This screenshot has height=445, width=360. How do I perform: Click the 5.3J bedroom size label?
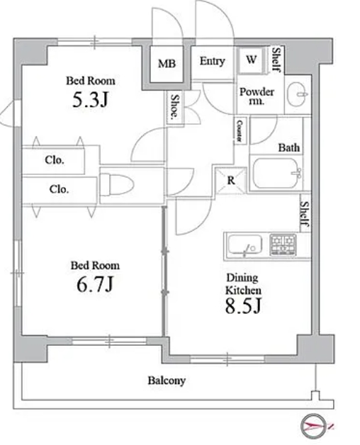[90, 100]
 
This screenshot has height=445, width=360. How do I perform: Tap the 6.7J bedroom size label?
[95, 284]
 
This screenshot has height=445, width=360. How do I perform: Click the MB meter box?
[167, 64]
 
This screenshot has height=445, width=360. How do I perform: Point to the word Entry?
[212, 62]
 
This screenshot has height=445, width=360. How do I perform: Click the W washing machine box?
[252, 60]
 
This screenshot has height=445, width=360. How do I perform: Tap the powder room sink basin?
[297, 94]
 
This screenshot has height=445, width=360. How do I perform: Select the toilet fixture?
[117, 184]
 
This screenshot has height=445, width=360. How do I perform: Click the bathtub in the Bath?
[276, 173]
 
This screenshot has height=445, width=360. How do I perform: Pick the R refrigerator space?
[231, 181]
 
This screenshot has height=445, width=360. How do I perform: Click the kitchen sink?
[245, 245]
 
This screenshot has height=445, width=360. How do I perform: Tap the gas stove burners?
[283, 244]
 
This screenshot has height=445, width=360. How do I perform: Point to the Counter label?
[240, 131]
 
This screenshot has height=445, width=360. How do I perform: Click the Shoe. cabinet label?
[175, 106]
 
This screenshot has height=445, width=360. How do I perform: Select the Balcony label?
[167, 381]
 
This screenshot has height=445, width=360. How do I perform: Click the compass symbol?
[313, 426]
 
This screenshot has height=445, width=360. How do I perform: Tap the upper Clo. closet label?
[55, 160]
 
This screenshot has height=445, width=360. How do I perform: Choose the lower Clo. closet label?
[59, 189]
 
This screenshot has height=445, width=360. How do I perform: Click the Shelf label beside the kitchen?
[305, 215]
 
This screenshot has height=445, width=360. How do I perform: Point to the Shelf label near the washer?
[277, 59]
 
